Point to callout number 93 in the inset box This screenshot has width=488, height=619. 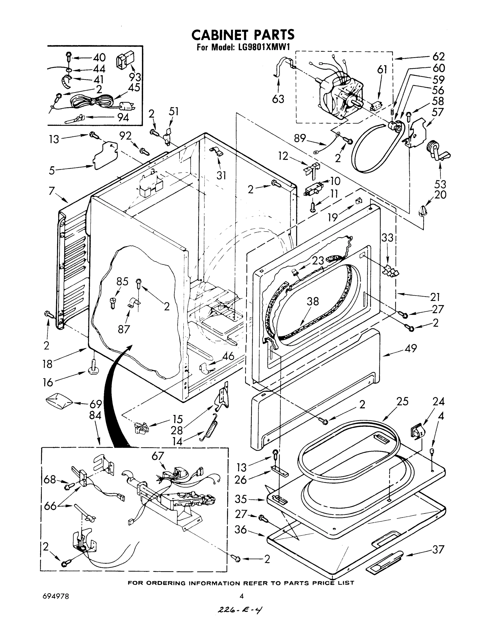[135, 77]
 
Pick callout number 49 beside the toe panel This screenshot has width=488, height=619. [411, 348]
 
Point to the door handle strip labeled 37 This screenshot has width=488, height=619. [384, 561]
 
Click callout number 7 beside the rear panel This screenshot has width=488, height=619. [51, 191]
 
